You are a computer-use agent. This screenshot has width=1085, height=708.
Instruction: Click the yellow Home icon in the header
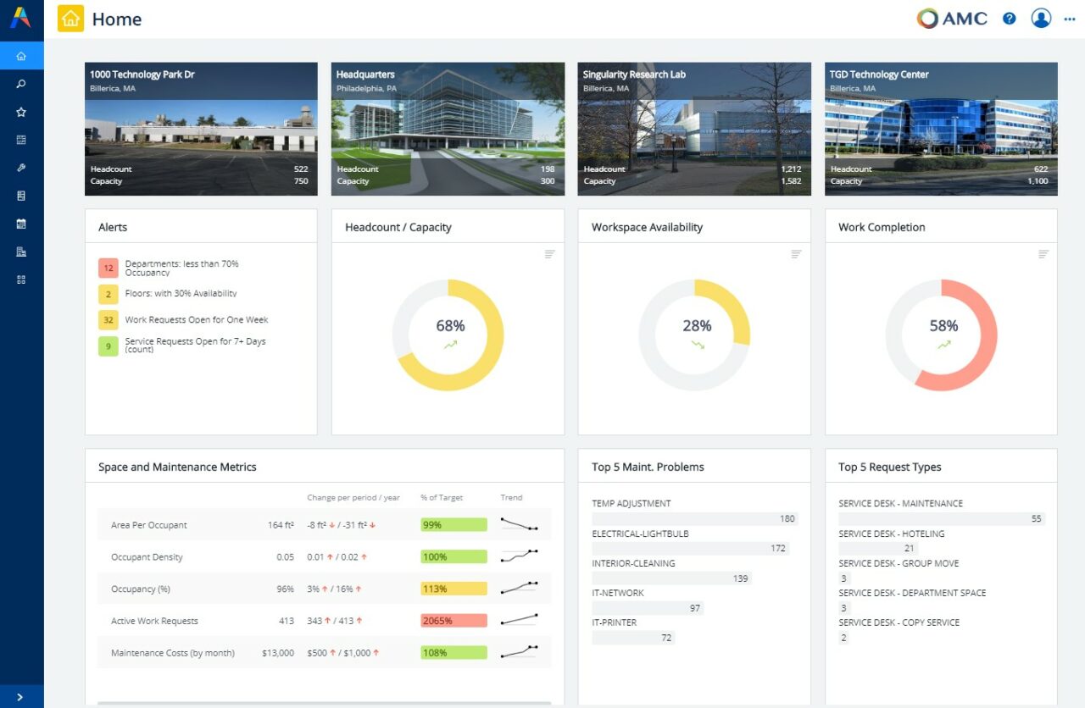coord(70,19)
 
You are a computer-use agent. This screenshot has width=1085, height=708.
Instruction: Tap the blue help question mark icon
coord(1009,19)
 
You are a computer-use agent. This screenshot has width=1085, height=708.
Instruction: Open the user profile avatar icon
coord(1041,19)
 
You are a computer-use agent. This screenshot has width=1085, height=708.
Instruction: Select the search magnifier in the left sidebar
coord(21,84)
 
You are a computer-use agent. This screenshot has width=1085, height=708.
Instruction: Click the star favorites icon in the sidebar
coord(21,112)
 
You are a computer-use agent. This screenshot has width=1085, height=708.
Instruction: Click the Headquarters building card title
coord(365,75)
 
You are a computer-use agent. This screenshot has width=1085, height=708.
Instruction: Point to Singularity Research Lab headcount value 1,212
coord(790,169)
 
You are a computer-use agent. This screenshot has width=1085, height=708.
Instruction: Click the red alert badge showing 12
coord(108,268)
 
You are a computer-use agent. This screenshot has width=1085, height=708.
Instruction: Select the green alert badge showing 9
coord(108,346)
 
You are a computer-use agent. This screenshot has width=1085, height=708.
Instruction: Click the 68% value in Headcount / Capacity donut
coord(450,326)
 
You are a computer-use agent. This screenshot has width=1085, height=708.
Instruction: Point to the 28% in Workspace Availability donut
coord(697,326)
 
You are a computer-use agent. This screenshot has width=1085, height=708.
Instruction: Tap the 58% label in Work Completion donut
coord(943,326)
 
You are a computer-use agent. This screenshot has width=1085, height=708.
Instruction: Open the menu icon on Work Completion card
coord(1043,254)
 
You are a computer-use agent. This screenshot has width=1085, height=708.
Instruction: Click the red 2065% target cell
coord(453,621)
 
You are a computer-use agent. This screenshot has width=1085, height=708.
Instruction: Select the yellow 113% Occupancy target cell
coord(453,589)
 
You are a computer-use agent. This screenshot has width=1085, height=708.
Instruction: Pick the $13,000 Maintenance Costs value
coord(277,653)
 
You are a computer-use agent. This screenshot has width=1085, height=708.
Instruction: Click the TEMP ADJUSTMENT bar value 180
coord(787,519)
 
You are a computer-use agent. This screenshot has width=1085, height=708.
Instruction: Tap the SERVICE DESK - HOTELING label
coord(891,534)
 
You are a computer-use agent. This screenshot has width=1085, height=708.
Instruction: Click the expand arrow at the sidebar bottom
coord(20,697)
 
